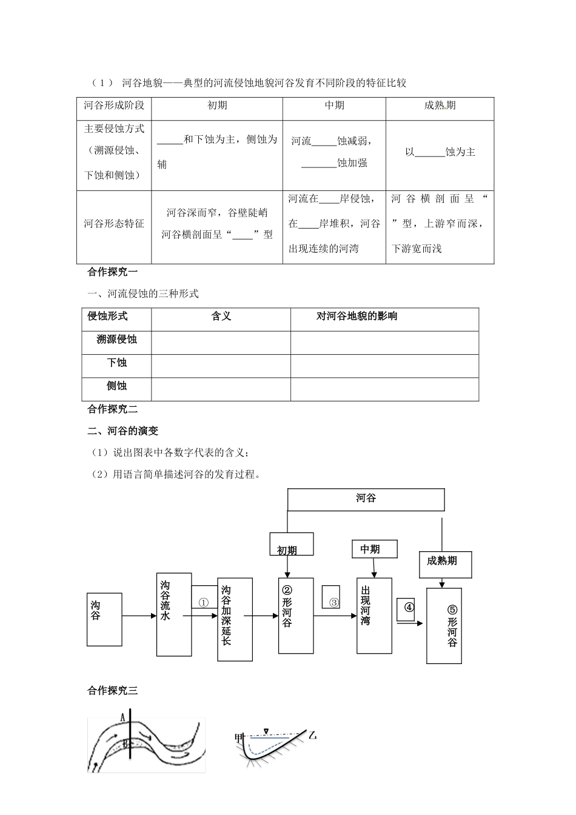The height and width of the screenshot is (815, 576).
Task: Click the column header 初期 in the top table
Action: pyautogui.click(x=217, y=106)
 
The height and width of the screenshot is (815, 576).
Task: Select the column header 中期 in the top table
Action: pyautogui.click(x=334, y=106)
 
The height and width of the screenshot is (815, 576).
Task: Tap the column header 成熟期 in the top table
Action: pyautogui.click(x=440, y=106)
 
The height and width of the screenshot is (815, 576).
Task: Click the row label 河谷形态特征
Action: pyautogui.click(x=114, y=224)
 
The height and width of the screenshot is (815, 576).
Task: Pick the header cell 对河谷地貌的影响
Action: pyautogui.click(x=357, y=316)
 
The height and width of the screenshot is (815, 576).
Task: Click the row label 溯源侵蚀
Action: pyautogui.click(x=116, y=340)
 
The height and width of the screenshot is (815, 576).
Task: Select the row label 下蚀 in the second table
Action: pyautogui.click(x=116, y=363)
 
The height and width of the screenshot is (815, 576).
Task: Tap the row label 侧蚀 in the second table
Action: pyautogui.click(x=116, y=386)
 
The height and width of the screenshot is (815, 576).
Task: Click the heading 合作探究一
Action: pyautogui.click(x=113, y=272)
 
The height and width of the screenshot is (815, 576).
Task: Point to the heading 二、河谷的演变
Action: pyautogui.click(x=123, y=431)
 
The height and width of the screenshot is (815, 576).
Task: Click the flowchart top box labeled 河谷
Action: pyautogui.click(x=366, y=499)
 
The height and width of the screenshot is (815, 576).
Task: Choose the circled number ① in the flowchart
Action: pyautogui.click(x=204, y=603)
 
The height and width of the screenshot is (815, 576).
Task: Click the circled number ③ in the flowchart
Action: pyautogui.click(x=333, y=603)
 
